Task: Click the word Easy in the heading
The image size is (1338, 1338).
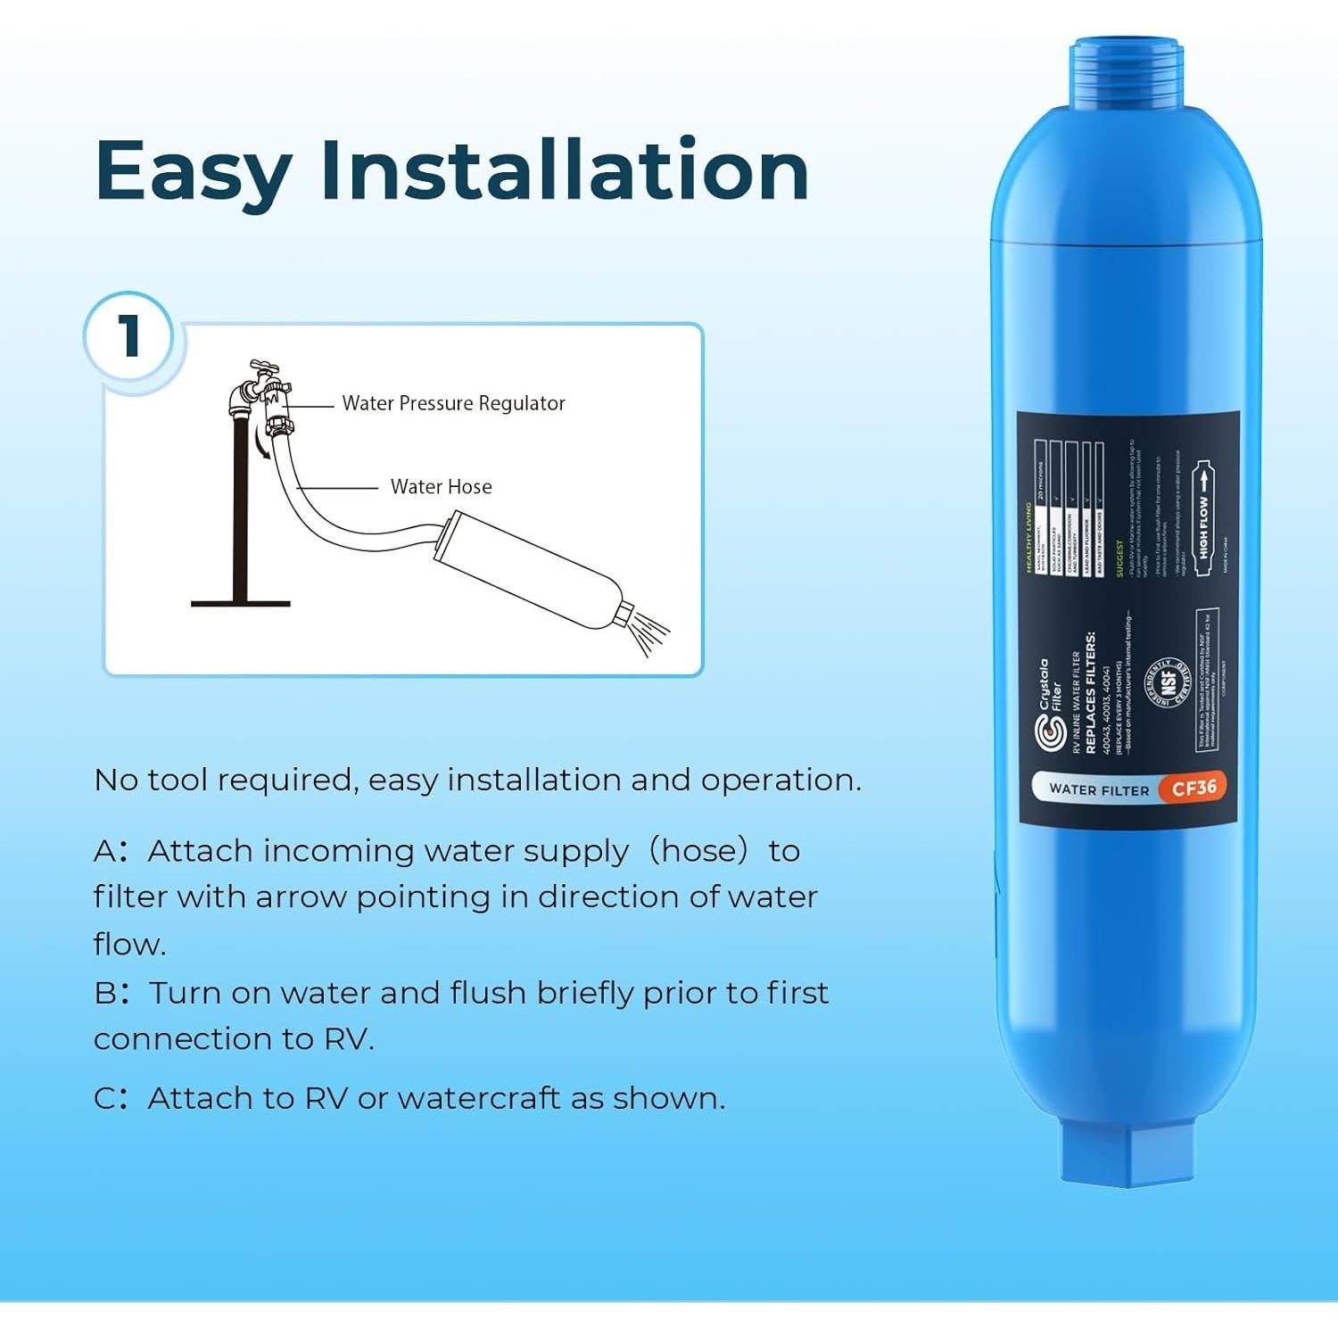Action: point(193,171)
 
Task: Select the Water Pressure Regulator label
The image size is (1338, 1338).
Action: point(453,403)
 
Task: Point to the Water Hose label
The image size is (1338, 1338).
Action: point(441,487)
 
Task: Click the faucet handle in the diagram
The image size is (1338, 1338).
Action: point(264,367)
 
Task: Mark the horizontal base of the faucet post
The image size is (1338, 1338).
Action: point(241,604)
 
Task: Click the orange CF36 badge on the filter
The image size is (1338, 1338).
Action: point(1193,788)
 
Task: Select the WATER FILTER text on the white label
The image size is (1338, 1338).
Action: point(1099,789)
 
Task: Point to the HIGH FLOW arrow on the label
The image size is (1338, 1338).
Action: point(1203,517)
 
